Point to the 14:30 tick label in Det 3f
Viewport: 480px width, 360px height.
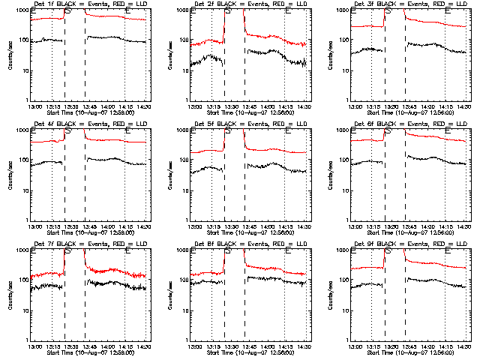[464, 106]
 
